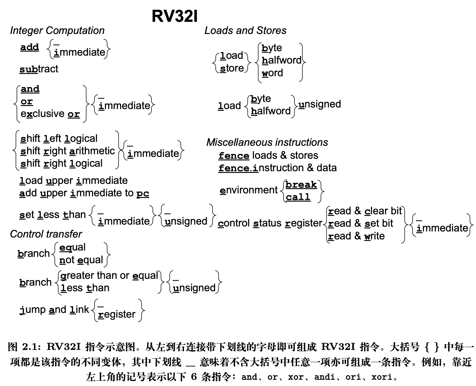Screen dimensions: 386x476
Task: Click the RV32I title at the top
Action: click(174, 16)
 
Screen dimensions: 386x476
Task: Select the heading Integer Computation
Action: click(57, 30)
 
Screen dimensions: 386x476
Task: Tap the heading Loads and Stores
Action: click(245, 30)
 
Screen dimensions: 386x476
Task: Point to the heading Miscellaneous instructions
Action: click(267, 142)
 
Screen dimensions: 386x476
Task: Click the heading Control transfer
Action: click(46, 234)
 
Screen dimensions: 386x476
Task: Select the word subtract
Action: click(39, 69)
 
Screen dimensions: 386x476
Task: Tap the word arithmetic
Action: click(92, 151)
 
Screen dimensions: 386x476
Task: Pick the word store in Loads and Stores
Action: click(232, 68)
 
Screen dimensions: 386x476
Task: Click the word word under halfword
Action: click(272, 73)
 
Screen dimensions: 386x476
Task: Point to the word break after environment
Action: click(301, 185)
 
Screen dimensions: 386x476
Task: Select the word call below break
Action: click(298, 197)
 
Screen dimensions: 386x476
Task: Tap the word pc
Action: click(143, 194)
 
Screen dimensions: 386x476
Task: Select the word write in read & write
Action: click(374, 236)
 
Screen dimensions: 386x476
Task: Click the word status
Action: click(267, 223)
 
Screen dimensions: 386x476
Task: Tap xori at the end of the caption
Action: click(381, 377)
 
